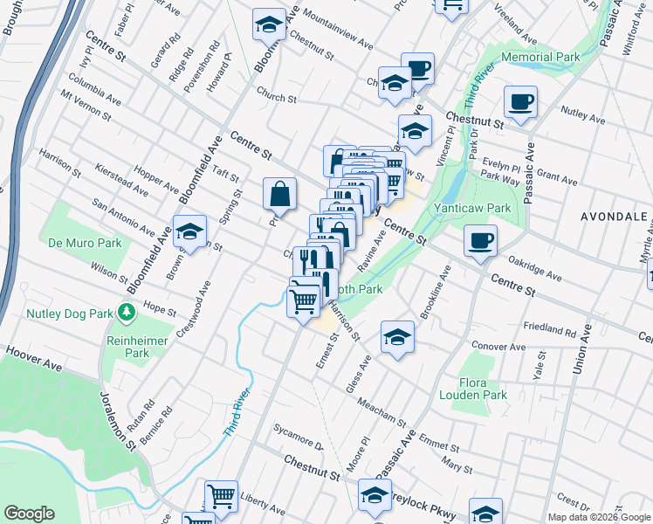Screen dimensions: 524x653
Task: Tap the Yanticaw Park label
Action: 472,209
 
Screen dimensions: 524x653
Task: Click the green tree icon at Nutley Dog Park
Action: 127,312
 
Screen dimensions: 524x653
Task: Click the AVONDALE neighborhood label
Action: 615,215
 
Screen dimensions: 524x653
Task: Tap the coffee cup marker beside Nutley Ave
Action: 521,102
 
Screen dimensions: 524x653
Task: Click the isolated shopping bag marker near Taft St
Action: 280,193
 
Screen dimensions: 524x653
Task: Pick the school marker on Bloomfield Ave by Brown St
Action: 189,231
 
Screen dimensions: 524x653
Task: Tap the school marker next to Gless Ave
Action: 396,336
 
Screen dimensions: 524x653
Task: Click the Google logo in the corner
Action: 30,514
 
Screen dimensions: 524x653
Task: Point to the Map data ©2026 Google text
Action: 599,517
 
